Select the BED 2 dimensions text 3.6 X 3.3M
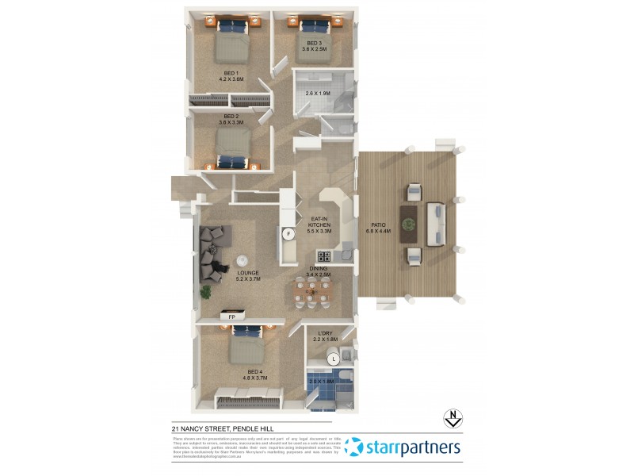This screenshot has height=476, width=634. [231, 122]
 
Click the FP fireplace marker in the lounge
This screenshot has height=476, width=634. [232, 317]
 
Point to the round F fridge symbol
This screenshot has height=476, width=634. [288, 234]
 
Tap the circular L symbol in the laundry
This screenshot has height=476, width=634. [334, 359]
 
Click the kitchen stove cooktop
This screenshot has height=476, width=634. [323, 256]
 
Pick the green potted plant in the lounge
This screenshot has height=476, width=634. [206, 292]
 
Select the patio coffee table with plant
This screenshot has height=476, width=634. [409, 223]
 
